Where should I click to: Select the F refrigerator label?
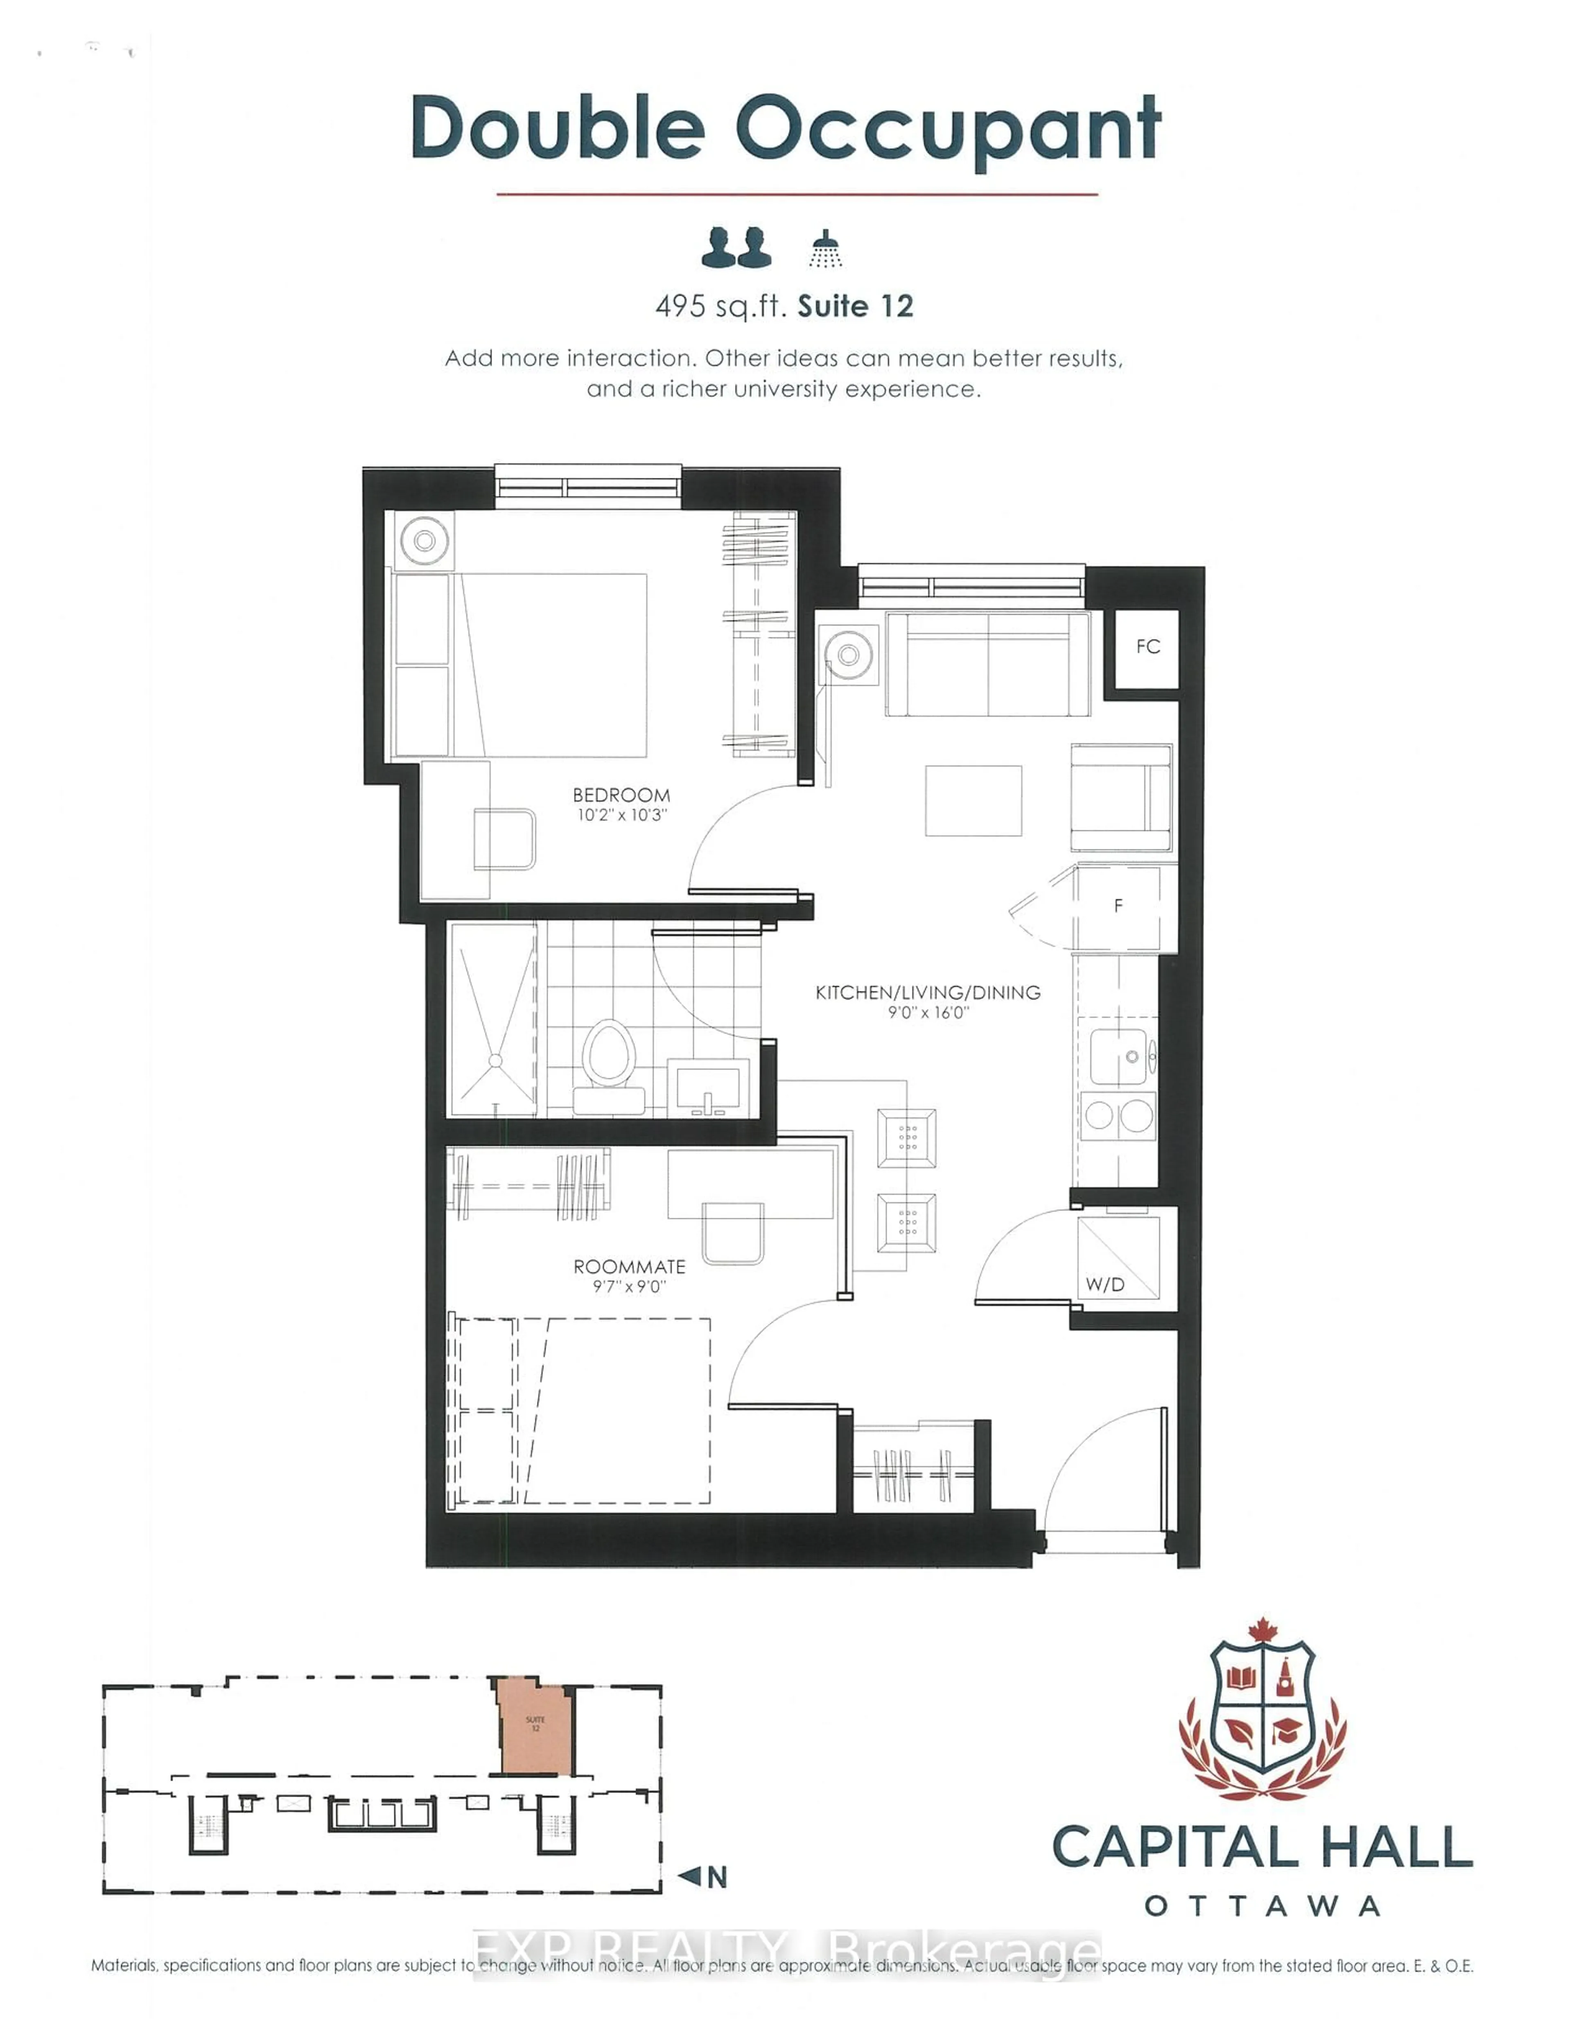coord(1118,905)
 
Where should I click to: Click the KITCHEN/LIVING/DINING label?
coord(928,993)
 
